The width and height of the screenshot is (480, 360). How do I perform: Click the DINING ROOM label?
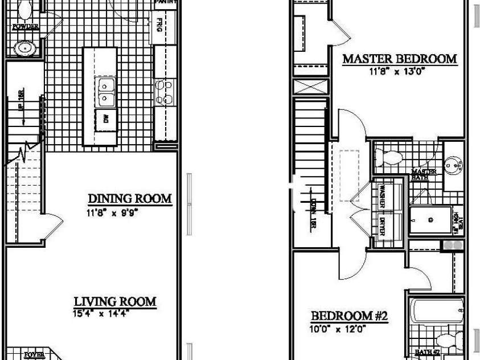129,199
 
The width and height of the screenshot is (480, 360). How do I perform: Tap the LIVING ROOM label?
115,301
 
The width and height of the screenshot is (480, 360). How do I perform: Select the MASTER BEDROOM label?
399,59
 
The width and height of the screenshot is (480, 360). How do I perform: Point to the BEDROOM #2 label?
349,316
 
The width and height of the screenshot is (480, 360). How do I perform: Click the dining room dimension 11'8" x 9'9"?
113,213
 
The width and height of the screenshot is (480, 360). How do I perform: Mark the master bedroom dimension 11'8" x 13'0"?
398,72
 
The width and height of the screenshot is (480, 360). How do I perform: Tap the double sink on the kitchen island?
106,92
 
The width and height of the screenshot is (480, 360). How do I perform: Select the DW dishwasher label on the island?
106,120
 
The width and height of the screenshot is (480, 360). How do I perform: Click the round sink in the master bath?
453,165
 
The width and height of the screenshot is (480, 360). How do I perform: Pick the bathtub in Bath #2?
437,311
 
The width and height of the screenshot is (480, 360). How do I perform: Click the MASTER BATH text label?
424,174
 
